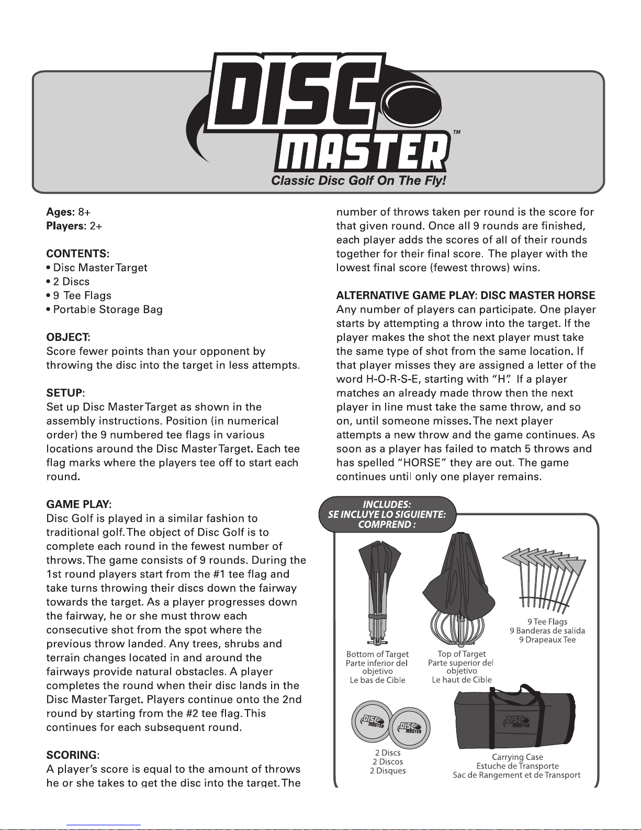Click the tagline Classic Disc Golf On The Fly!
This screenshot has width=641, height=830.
point(358,181)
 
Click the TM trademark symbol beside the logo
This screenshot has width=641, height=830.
point(456,133)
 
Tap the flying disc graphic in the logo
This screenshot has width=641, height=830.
point(412,106)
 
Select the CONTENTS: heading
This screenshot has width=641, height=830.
point(78,253)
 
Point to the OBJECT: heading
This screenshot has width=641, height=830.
point(68,337)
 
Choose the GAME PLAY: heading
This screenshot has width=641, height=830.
point(78,504)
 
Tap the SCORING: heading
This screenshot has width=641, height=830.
point(73,755)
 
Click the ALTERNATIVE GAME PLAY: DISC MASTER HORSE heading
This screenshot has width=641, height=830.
point(466,295)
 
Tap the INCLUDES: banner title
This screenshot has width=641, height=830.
point(387,505)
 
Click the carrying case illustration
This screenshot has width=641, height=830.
point(515,717)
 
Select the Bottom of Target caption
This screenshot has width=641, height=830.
point(377,654)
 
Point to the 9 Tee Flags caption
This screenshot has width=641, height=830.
point(547,622)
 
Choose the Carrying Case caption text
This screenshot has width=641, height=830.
point(517,757)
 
